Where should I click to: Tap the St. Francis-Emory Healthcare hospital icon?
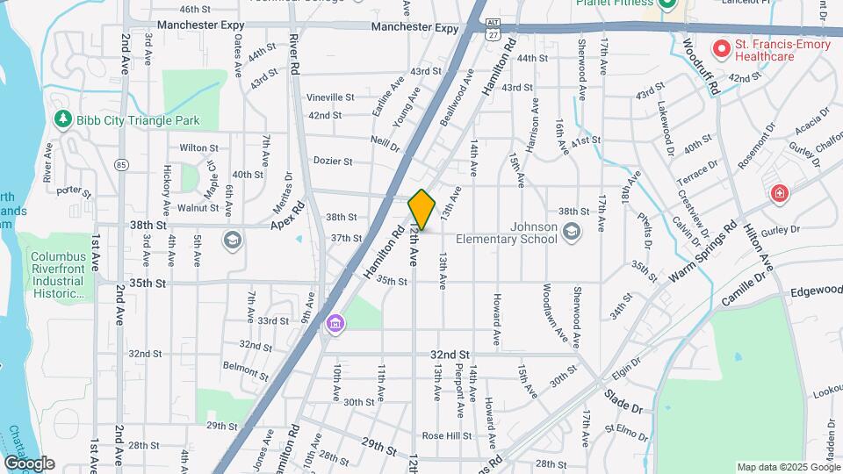[722, 49]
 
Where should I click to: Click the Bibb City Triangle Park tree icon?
[62, 119]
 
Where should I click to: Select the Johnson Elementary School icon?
[572, 231]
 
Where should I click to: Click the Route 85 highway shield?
[121, 164]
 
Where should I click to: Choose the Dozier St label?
[333, 162]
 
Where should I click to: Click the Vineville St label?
[330, 97]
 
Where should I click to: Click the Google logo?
[29, 463]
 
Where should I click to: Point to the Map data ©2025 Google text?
[787, 467]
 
